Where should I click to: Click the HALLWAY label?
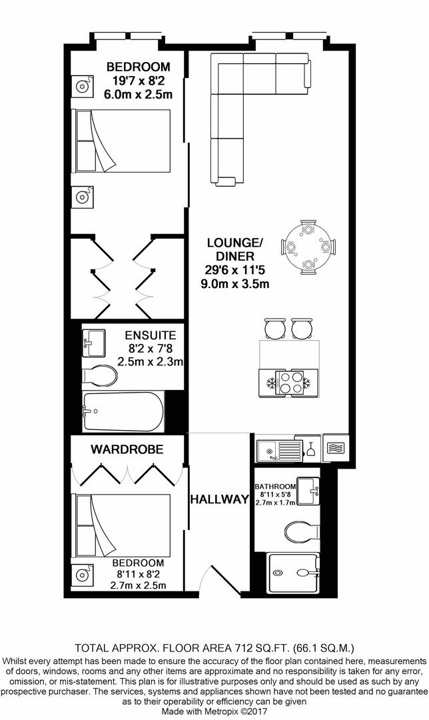[220, 499]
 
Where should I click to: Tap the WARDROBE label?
[127, 449]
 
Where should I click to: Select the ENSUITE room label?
[151, 335]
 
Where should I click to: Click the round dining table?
[308, 247]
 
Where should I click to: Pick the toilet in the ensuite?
[99, 375]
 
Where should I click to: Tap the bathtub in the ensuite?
[123, 411]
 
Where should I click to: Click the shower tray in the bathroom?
[292, 573]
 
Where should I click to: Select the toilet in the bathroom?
[302, 533]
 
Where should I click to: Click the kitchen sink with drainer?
[279, 451]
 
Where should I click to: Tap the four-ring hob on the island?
[289, 382]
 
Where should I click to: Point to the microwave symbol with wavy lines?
[336, 448]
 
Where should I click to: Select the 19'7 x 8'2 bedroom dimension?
[138, 81]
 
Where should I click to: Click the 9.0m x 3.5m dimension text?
[235, 283]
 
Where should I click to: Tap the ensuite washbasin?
[93, 343]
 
